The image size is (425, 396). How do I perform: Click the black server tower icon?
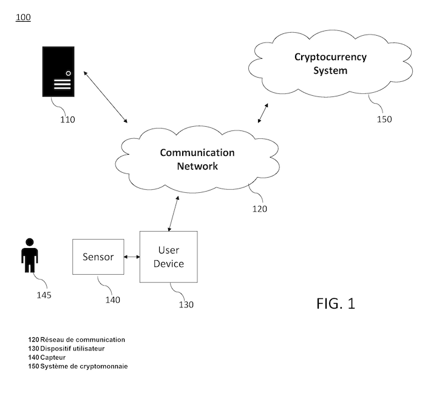click(x=58, y=72)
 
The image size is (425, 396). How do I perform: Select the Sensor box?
click(x=98, y=257)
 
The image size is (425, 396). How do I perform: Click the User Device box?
click(x=168, y=257)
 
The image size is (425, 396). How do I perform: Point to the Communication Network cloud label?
click(x=197, y=159)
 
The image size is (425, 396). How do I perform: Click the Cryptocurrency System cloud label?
click(x=330, y=64)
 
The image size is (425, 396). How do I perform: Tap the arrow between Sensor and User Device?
click(x=132, y=257)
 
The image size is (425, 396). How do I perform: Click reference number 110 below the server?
click(x=67, y=119)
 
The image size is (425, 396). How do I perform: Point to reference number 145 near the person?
click(x=44, y=295)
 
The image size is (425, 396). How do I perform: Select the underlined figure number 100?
click(x=23, y=17)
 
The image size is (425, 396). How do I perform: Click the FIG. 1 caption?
click(x=335, y=303)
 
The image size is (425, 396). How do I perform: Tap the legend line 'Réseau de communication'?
click(x=76, y=340)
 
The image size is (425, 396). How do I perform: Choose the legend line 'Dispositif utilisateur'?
click(x=66, y=349)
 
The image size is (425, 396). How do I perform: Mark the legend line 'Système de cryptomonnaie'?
click(x=78, y=366)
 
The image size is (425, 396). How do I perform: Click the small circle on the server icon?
click(x=69, y=73)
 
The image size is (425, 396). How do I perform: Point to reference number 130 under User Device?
click(x=186, y=304)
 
